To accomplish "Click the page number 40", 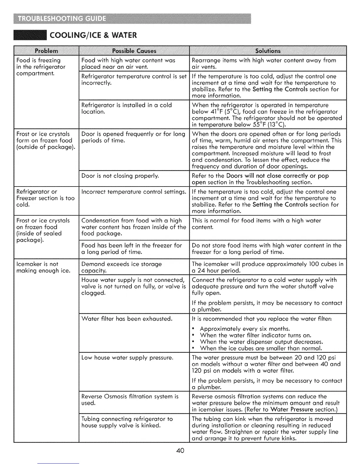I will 180,450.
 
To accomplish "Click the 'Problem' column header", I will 46,51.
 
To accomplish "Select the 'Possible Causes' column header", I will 134,51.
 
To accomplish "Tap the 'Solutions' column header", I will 268,51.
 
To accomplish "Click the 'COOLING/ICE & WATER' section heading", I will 93,36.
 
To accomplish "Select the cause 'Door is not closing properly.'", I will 120,176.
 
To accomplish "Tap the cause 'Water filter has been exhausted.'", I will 127,319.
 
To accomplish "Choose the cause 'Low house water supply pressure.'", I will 127,358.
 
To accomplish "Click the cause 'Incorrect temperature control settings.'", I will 134,192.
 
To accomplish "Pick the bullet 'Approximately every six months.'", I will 245,329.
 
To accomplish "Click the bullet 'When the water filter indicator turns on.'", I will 255,335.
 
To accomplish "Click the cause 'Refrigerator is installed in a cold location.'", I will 126,108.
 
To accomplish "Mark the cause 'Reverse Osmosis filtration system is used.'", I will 130,400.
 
